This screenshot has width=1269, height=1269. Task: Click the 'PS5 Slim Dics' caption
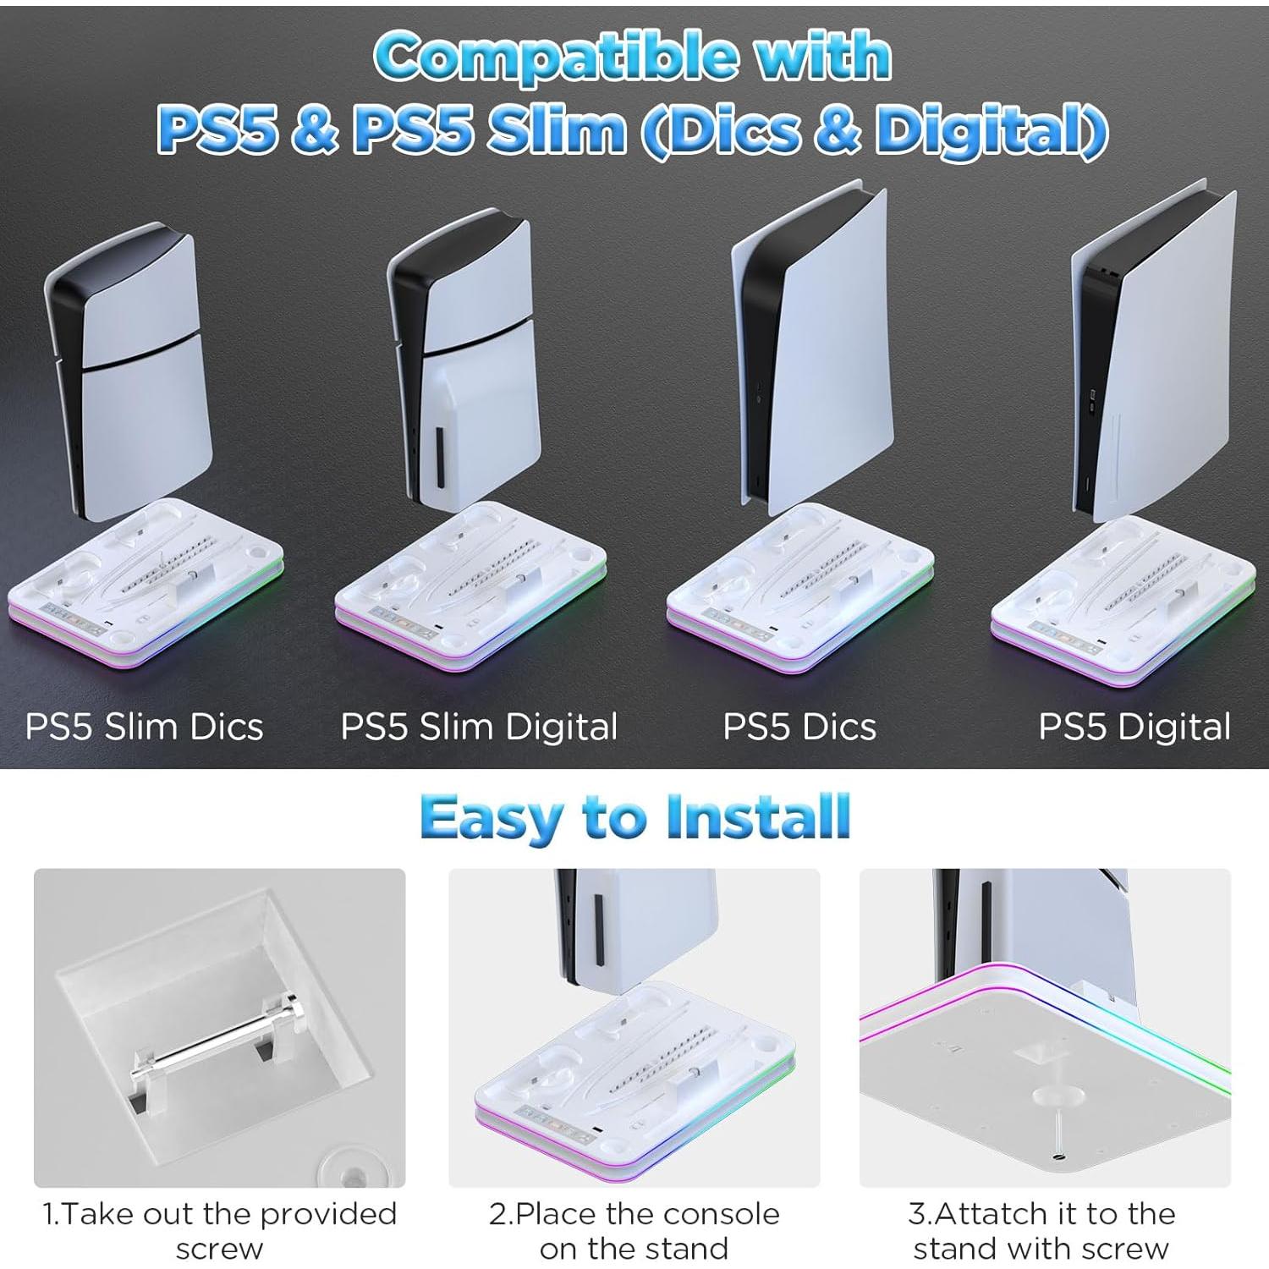tap(144, 727)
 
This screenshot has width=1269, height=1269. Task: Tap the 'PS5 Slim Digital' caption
tap(479, 727)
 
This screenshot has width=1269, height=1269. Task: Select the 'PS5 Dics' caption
tap(799, 727)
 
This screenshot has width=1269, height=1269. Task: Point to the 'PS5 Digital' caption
tap(1134, 727)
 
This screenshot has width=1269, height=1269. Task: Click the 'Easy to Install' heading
tap(634, 817)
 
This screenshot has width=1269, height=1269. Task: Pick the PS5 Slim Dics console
tap(127, 372)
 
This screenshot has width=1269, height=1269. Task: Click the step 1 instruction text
tap(220, 1231)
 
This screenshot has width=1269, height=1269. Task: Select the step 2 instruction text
tap(634, 1231)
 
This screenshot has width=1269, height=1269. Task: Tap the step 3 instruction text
tap(1042, 1231)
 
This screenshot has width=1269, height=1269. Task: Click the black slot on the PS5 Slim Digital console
tap(439, 457)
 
